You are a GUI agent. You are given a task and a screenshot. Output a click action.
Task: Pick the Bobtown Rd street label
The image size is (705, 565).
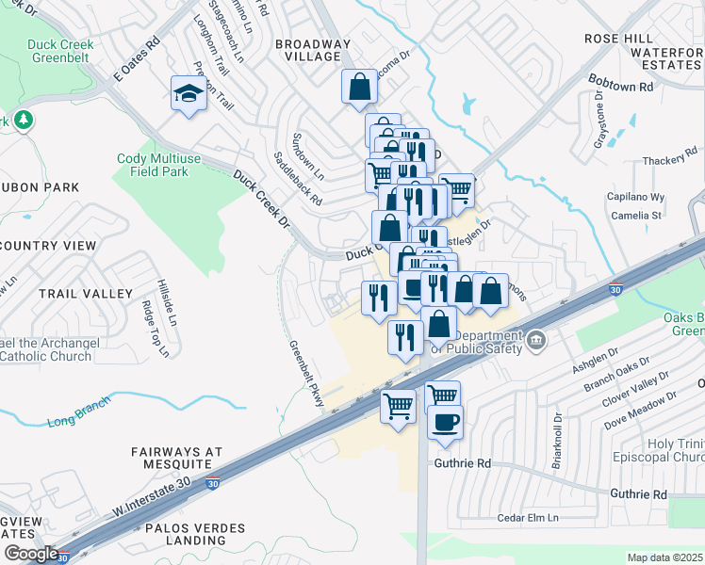coord(619,86)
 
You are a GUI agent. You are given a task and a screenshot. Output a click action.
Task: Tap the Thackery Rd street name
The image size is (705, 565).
coord(668,161)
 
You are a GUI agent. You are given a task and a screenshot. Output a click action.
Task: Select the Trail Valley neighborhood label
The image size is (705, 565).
coord(86,294)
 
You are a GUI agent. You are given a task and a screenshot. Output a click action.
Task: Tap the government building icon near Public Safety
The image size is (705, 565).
coord(535,340)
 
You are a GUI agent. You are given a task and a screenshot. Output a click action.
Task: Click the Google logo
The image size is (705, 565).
coord(31,554)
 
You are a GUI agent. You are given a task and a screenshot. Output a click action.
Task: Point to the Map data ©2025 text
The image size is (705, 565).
coord(664,557)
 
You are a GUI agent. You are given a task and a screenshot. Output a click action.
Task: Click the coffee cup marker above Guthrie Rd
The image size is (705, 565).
coord(445,422)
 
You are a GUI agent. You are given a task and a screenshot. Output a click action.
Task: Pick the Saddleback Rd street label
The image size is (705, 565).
coord(297,179)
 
